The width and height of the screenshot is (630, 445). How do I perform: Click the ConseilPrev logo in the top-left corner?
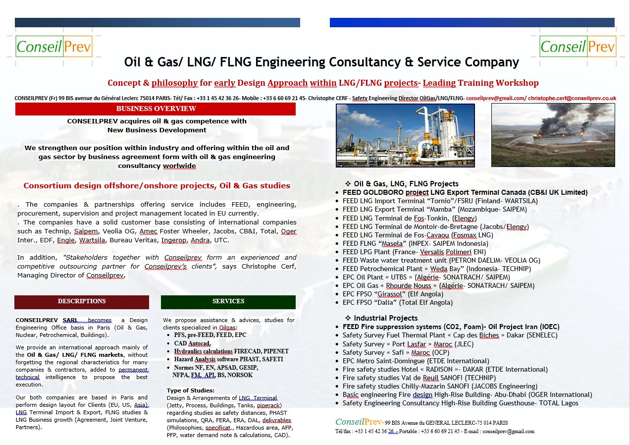point(54,46)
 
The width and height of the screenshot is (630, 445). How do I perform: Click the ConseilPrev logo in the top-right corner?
point(577,46)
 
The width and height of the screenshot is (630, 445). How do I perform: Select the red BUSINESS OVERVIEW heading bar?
point(156,109)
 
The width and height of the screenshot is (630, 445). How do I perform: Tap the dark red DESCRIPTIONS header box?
point(82,301)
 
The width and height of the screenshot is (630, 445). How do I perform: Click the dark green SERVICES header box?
point(228,301)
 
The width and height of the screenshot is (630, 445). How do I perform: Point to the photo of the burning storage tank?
point(553,135)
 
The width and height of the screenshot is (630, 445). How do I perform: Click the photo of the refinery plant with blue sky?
point(405,135)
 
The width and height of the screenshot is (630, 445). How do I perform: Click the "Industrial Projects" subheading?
point(385,318)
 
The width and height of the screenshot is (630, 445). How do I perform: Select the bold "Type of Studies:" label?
point(191,390)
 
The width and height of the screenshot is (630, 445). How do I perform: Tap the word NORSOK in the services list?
point(240,375)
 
